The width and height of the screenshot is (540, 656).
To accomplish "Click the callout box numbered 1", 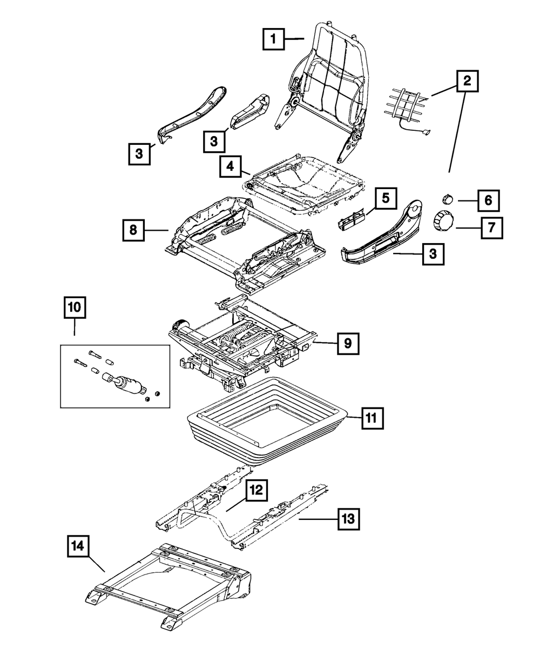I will coord(274,39).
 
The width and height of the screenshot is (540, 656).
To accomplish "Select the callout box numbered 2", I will coord(467,82).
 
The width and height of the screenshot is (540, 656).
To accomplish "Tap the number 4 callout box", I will coord(231,167).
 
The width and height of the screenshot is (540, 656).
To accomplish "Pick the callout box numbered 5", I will coord(385,198).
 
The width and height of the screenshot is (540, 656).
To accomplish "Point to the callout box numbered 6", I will coord(488,200).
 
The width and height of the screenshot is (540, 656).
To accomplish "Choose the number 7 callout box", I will coord(491,227).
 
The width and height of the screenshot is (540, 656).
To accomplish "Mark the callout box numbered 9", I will coord(348,343).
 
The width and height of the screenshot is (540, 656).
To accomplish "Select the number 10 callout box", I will coord(75,308).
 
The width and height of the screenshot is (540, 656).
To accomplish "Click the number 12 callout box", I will coord(256,491).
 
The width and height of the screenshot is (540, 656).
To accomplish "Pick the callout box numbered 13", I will coord(348,519).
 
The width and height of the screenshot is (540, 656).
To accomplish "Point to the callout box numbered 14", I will coord(78,546).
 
